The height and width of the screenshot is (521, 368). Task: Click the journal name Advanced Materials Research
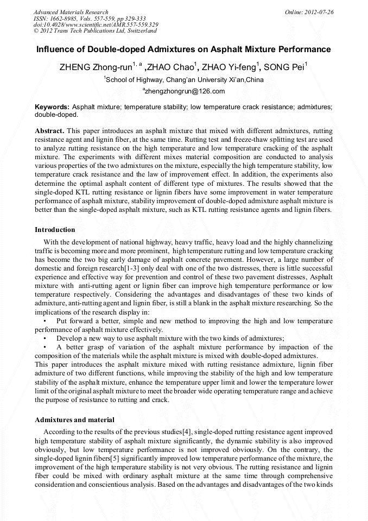tap(71, 12)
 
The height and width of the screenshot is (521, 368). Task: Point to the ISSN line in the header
tap(87, 18)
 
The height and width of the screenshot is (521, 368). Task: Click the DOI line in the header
tap(96, 25)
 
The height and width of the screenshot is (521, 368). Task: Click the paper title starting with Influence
tap(183, 49)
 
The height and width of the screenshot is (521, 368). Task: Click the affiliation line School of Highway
tap(184, 80)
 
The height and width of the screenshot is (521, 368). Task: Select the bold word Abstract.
tap(49, 131)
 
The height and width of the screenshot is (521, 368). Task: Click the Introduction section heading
tap(55, 230)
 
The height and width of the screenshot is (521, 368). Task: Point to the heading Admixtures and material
tap(74, 419)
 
